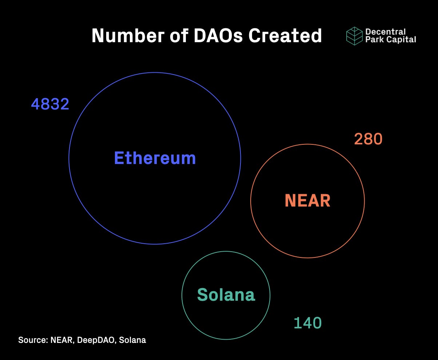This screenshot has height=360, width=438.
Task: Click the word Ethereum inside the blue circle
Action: click(x=155, y=158)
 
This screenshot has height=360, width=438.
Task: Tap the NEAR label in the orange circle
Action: click(x=307, y=200)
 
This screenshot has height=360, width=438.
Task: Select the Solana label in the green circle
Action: click(x=226, y=295)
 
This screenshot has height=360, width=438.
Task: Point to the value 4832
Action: click(x=50, y=104)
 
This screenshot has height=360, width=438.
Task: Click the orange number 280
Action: click(x=368, y=139)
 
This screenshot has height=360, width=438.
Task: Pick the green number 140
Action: click(x=307, y=323)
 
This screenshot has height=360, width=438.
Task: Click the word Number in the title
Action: click(x=128, y=36)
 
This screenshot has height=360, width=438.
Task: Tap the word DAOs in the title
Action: click(x=218, y=36)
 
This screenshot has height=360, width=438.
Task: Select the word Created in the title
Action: click(x=285, y=36)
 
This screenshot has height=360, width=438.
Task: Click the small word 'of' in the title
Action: click(x=179, y=36)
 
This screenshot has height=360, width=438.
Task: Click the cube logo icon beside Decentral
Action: click(x=354, y=36)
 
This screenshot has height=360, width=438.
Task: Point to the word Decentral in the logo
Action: click(x=386, y=32)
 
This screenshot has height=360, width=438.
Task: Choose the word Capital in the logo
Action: click(x=401, y=39)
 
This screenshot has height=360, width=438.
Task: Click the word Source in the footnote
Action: click(x=33, y=340)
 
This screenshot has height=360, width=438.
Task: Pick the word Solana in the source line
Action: click(x=132, y=340)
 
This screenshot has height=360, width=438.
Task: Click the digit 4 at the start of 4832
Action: click(x=35, y=104)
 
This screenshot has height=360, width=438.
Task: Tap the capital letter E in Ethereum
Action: click(x=119, y=158)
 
